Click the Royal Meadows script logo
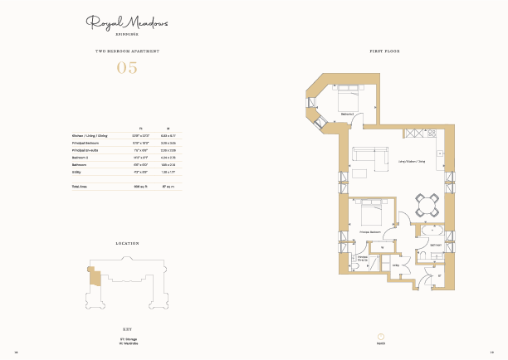point(126,24)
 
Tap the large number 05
point(126,68)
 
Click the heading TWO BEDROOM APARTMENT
point(126,51)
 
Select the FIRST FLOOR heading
point(384,51)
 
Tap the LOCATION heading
point(126,244)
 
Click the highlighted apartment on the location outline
point(95,275)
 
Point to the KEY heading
point(126,329)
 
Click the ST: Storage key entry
point(126,338)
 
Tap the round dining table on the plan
point(427,205)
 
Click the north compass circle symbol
point(381,337)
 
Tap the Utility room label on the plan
point(396,265)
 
